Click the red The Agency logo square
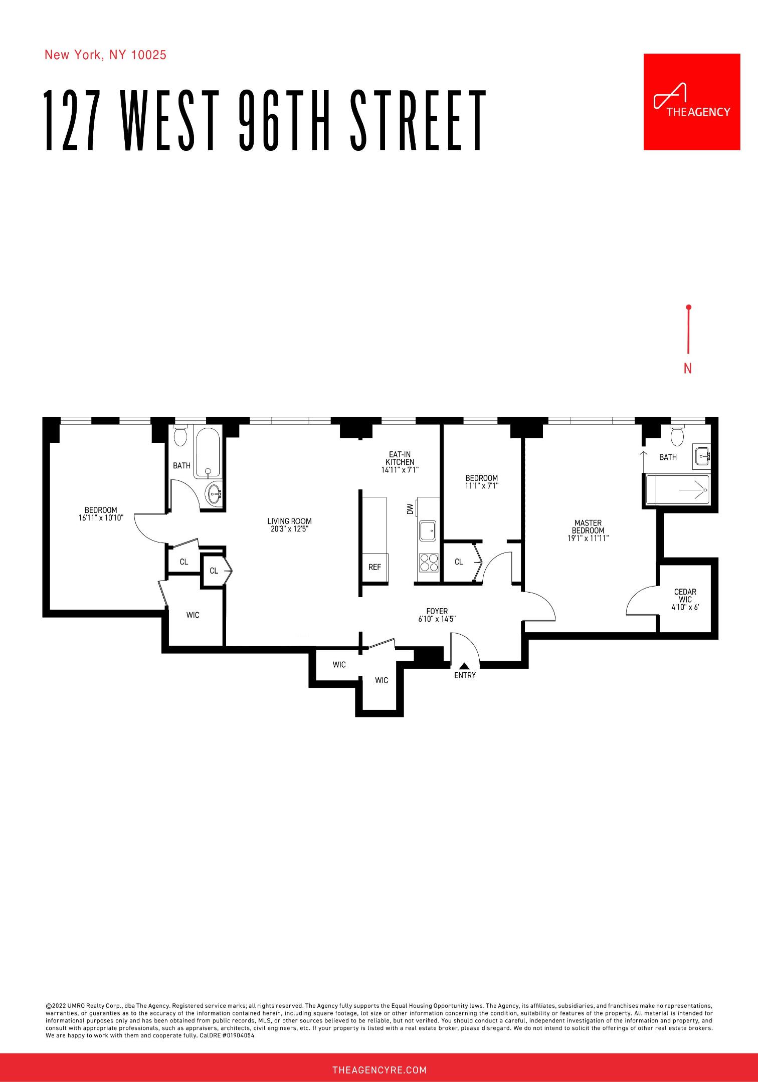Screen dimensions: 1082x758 (691, 102)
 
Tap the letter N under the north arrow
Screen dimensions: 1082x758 (687, 369)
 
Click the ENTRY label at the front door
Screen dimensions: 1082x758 (465, 675)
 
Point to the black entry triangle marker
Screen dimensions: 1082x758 (464, 666)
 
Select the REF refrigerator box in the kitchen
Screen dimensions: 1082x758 (374, 568)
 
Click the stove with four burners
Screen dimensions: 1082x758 (428, 562)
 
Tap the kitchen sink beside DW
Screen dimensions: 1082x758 (428, 531)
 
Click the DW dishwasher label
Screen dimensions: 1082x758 (410, 509)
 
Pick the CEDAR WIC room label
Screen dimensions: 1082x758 (685, 596)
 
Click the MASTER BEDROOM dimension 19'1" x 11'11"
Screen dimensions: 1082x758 (588, 538)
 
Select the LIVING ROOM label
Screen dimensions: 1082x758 (289, 521)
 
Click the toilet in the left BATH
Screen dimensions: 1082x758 (180, 436)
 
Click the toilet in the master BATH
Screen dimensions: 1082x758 (677, 436)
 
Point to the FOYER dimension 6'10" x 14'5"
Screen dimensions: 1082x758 (437, 619)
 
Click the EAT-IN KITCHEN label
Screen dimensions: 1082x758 (400, 458)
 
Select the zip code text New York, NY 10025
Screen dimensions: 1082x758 (105, 55)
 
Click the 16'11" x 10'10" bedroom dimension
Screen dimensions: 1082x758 (101, 518)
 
